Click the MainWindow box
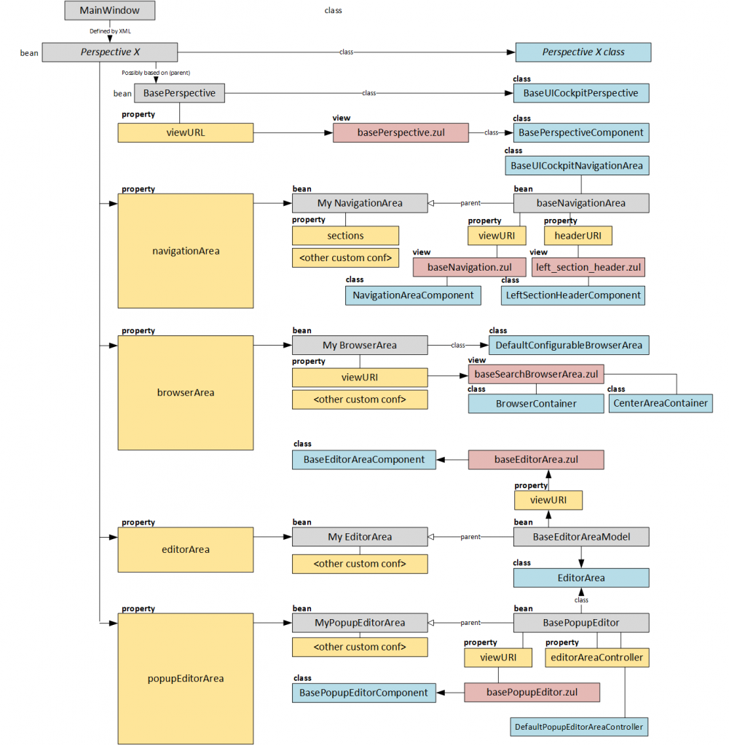click(x=109, y=11)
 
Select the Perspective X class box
click(x=583, y=52)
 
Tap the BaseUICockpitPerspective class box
click(x=580, y=93)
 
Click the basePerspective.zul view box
click(x=400, y=132)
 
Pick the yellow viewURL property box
click(x=185, y=132)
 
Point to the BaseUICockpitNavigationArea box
click(x=576, y=165)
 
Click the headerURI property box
click(x=578, y=236)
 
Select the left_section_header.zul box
click(x=588, y=267)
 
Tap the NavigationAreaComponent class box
click(x=413, y=295)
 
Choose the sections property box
click(x=345, y=236)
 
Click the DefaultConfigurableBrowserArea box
click(x=569, y=345)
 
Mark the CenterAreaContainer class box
click(x=661, y=403)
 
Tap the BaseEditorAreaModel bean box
click(x=581, y=537)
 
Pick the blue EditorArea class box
click(x=581, y=578)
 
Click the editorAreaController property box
click(x=596, y=658)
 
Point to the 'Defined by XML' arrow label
click(x=109, y=31)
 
